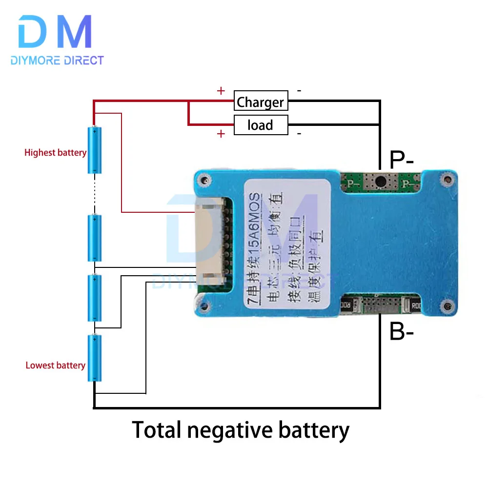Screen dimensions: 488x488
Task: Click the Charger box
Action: [x=260, y=102]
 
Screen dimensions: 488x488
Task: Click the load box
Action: [x=260, y=125]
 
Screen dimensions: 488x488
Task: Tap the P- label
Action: [x=402, y=159]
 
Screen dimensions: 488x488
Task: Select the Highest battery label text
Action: [x=55, y=153]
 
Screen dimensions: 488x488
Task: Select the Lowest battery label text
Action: [x=55, y=365]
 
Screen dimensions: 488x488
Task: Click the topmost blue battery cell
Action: [x=95, y=150]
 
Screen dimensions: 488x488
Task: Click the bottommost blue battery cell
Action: [x=95, y=358]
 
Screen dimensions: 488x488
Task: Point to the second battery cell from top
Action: [x=95, y=238]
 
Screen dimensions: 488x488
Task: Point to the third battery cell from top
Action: [x=95, y=298]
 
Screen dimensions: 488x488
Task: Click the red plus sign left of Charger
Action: [x=221, y=91]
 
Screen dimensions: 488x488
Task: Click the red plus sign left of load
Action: [x=221, y=134]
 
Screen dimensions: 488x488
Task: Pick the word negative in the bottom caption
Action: [x=240, y=430]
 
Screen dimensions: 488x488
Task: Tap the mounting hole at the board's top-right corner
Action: [x=445, y=181]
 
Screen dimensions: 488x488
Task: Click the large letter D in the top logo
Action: [x=36, y=32]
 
